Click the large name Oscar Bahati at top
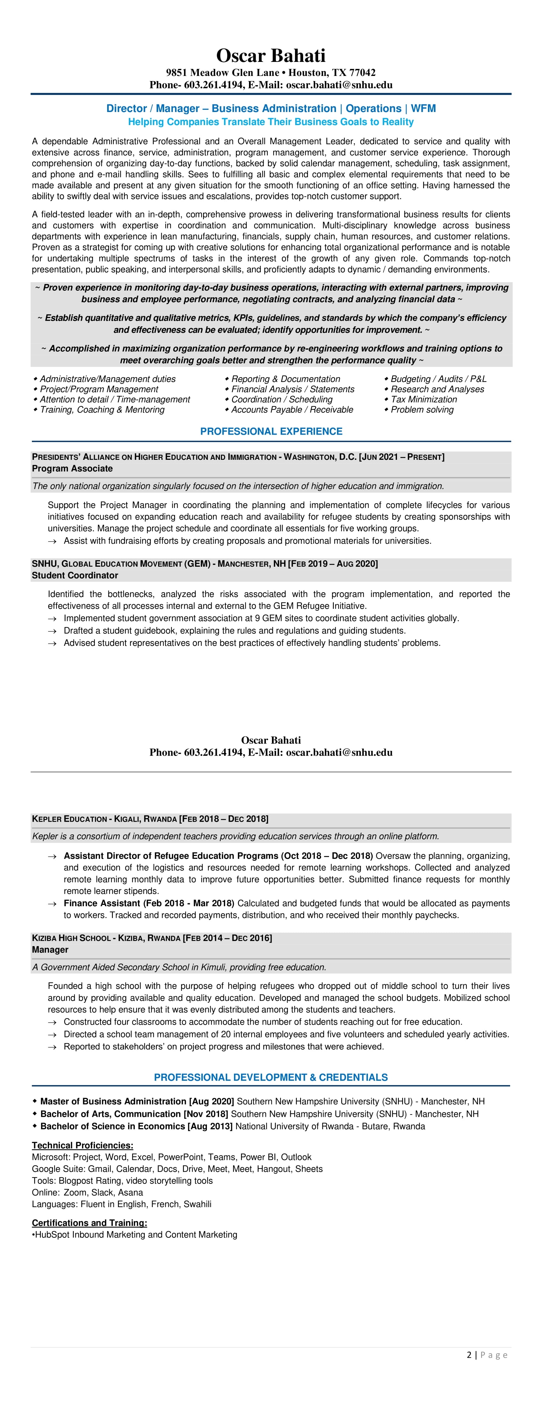(271, 56)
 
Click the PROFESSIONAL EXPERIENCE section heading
(271, 431)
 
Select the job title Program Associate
(72, 468)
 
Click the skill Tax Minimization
(424, 399)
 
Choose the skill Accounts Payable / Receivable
(292, 409)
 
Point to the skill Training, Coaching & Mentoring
(102, 409)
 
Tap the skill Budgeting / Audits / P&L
(438, 379)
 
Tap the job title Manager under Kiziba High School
(50, 949)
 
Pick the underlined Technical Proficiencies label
(82, 1146)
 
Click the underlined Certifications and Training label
(89, 1222)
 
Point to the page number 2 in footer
(469, 1355)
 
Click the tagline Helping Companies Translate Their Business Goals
(271, 122)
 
